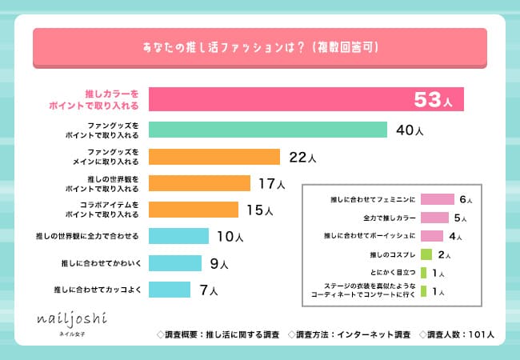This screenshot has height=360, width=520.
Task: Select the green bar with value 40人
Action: (268, 130)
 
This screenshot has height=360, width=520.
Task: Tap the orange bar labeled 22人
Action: (214, 156)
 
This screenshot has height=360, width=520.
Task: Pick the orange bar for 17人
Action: (200, 183)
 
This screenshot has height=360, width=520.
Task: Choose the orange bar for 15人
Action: (194, 210)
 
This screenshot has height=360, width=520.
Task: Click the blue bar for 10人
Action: (178, 236)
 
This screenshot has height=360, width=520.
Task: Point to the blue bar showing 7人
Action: (170, 289)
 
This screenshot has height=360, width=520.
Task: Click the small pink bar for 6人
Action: (437, 198)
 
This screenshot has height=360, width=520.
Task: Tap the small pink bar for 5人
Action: (434, 217)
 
